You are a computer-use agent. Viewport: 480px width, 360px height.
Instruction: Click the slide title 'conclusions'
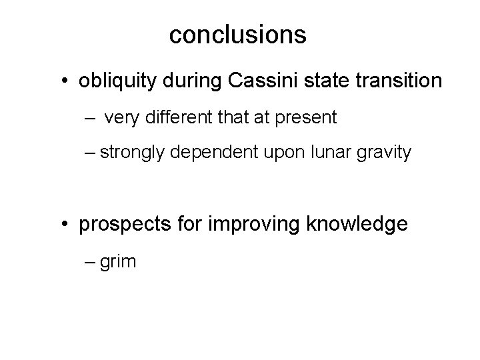coord(237,35)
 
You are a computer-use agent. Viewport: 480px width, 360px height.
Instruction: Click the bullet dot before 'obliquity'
coord(69,82)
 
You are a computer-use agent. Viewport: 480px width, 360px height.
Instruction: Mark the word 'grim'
coord(120,261)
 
